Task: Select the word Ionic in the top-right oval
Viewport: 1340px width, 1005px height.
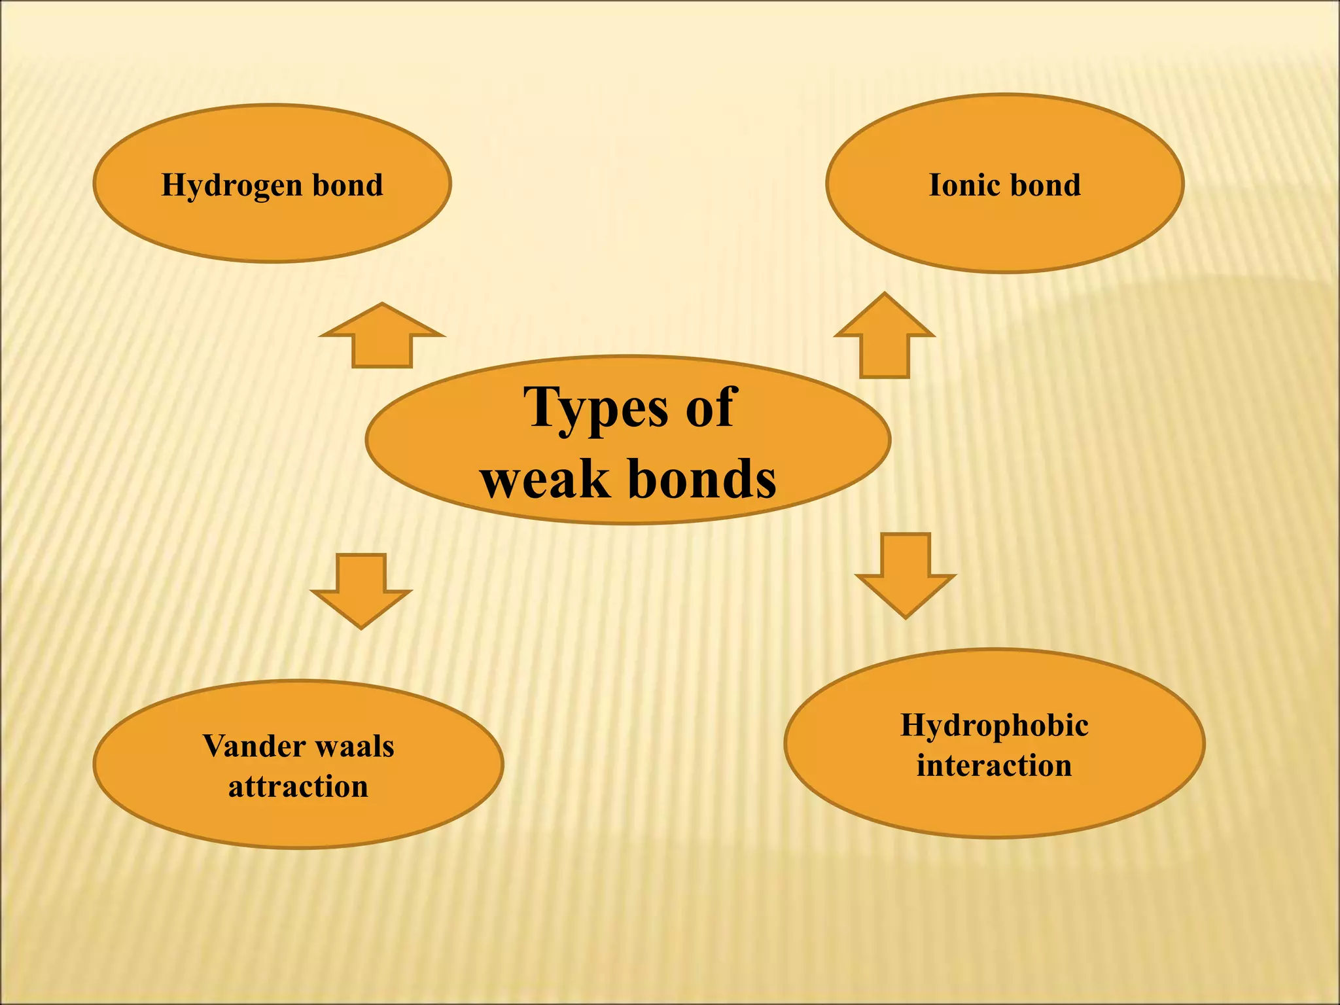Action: point(964,185)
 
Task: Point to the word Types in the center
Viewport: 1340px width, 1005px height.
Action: point(596,410)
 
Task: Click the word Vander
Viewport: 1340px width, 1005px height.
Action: point(254,746)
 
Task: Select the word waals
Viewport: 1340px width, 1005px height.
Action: point(355,746)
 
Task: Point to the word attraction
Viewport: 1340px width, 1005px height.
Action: point(298,786)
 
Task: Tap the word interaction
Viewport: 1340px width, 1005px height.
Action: point(995,765)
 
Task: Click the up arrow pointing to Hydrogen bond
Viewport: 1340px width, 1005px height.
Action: point(382,335)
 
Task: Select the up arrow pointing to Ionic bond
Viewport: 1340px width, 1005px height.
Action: point(885,335)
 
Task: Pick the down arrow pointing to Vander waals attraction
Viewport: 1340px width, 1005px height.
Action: point(361,591)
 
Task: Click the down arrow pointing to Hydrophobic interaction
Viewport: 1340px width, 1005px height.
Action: point(906,576)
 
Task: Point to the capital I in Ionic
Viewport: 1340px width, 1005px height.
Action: point(936,185)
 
